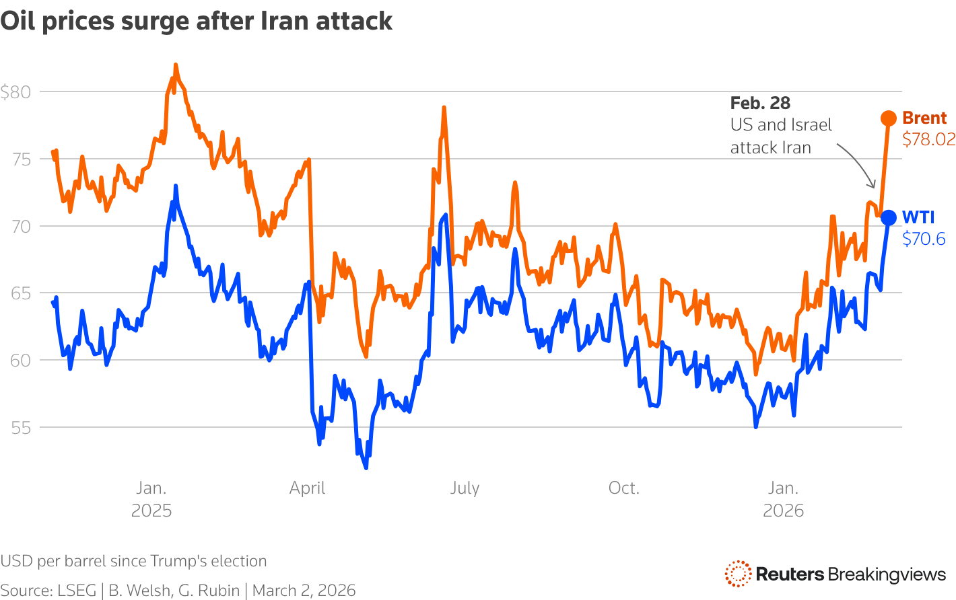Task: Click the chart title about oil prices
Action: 196,22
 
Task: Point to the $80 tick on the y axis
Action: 15,92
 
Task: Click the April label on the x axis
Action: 307,488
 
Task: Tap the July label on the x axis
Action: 465,488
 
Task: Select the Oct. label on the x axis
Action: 623,488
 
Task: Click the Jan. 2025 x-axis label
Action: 151,499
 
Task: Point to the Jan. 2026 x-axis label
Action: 783,499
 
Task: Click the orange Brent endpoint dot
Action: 889,118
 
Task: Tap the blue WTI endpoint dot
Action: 889,217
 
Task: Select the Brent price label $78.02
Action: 928,139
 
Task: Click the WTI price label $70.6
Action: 924,239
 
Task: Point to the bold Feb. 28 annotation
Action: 760,103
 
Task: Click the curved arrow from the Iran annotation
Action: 859,161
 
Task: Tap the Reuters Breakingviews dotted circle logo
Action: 738,574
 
